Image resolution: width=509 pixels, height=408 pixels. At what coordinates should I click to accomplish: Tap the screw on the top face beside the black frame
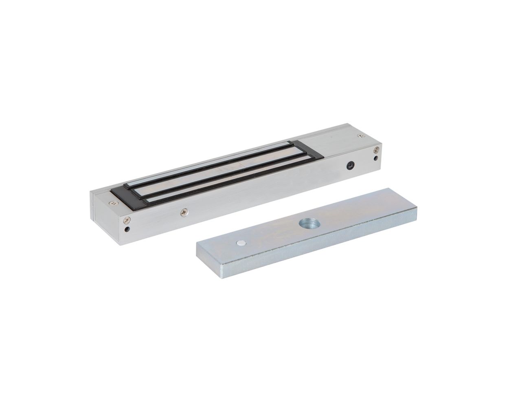[x=111, y=201]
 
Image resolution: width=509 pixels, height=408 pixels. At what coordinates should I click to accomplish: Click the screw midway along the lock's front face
[x=185, y=211]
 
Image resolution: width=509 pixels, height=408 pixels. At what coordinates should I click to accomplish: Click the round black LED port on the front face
[x=349, y=165]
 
